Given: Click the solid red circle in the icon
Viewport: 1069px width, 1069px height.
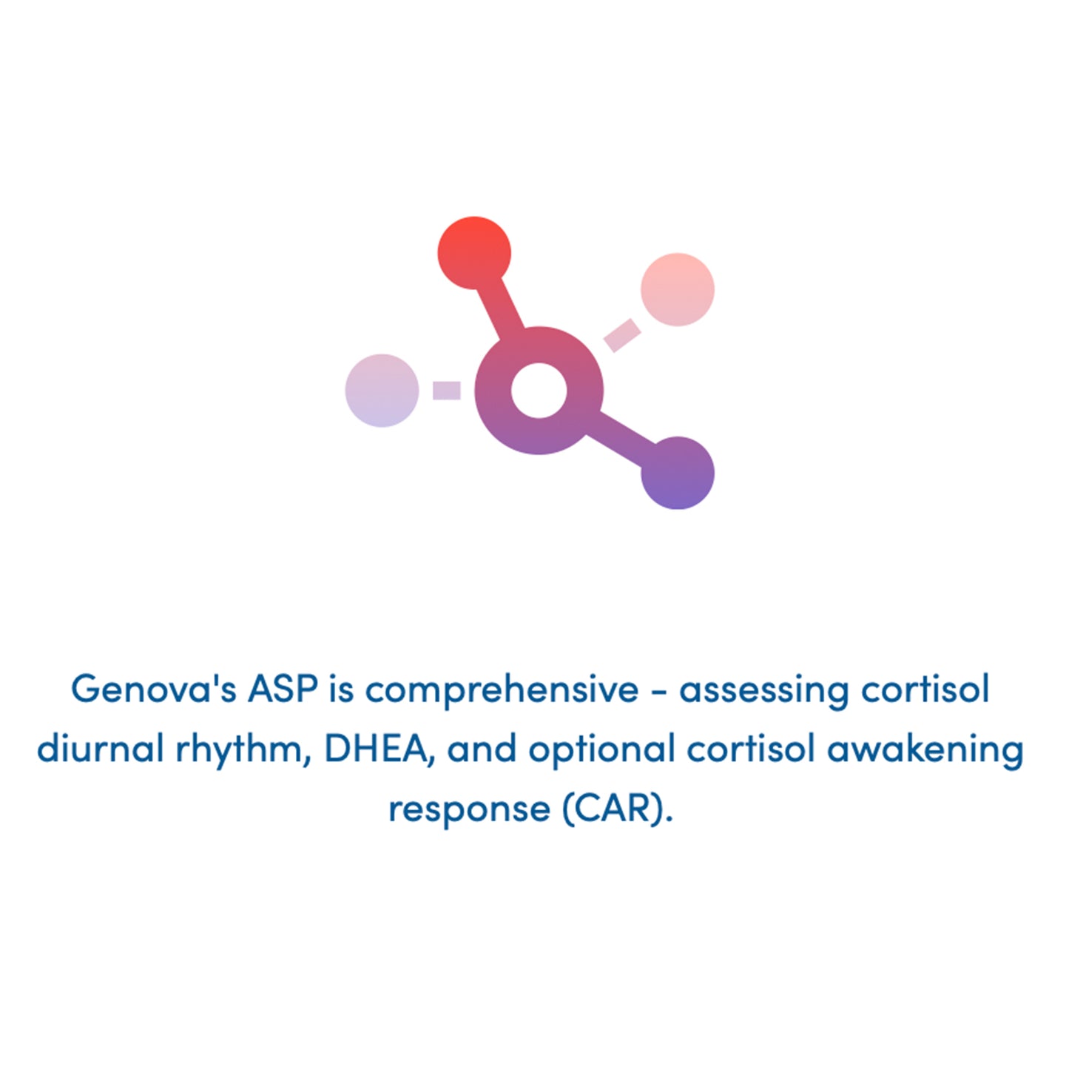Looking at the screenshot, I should (474, 252).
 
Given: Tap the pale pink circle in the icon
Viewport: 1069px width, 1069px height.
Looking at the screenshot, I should (677, 289).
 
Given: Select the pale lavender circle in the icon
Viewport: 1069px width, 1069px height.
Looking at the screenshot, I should (382, 391).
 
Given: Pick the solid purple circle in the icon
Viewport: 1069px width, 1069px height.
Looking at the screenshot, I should (677, 473).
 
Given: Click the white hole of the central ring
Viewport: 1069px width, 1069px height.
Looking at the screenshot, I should (539, 390).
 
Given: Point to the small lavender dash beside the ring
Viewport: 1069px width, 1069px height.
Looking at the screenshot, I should (447, 391).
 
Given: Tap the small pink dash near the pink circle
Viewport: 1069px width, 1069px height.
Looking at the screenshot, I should (622, 335).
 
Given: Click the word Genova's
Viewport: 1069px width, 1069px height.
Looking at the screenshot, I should (153, 689).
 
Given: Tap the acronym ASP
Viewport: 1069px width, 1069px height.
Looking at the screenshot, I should (283, 689).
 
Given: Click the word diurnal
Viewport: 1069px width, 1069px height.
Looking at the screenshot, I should (100, 749).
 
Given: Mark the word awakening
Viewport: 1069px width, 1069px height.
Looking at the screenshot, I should (925, 750).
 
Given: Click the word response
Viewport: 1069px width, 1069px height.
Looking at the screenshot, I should (469, 809).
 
